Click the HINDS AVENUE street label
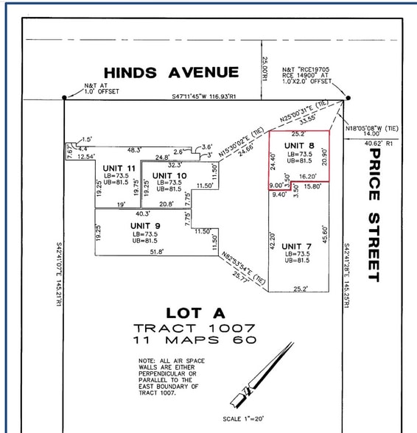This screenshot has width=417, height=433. (x=171, y=72)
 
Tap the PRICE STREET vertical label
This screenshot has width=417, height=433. (x=373, y=214)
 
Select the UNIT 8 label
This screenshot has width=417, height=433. (x=298, y=146)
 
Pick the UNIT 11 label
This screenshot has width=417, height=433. (x=120, y=169)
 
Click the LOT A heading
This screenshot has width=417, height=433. (x=195, y=312)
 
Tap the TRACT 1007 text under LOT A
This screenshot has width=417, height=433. (x=195, y=327)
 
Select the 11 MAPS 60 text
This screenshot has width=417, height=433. (x=195, y=339)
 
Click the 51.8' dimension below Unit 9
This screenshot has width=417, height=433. (x=156, y=252)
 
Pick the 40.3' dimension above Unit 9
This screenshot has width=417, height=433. (x=142, y=214)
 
